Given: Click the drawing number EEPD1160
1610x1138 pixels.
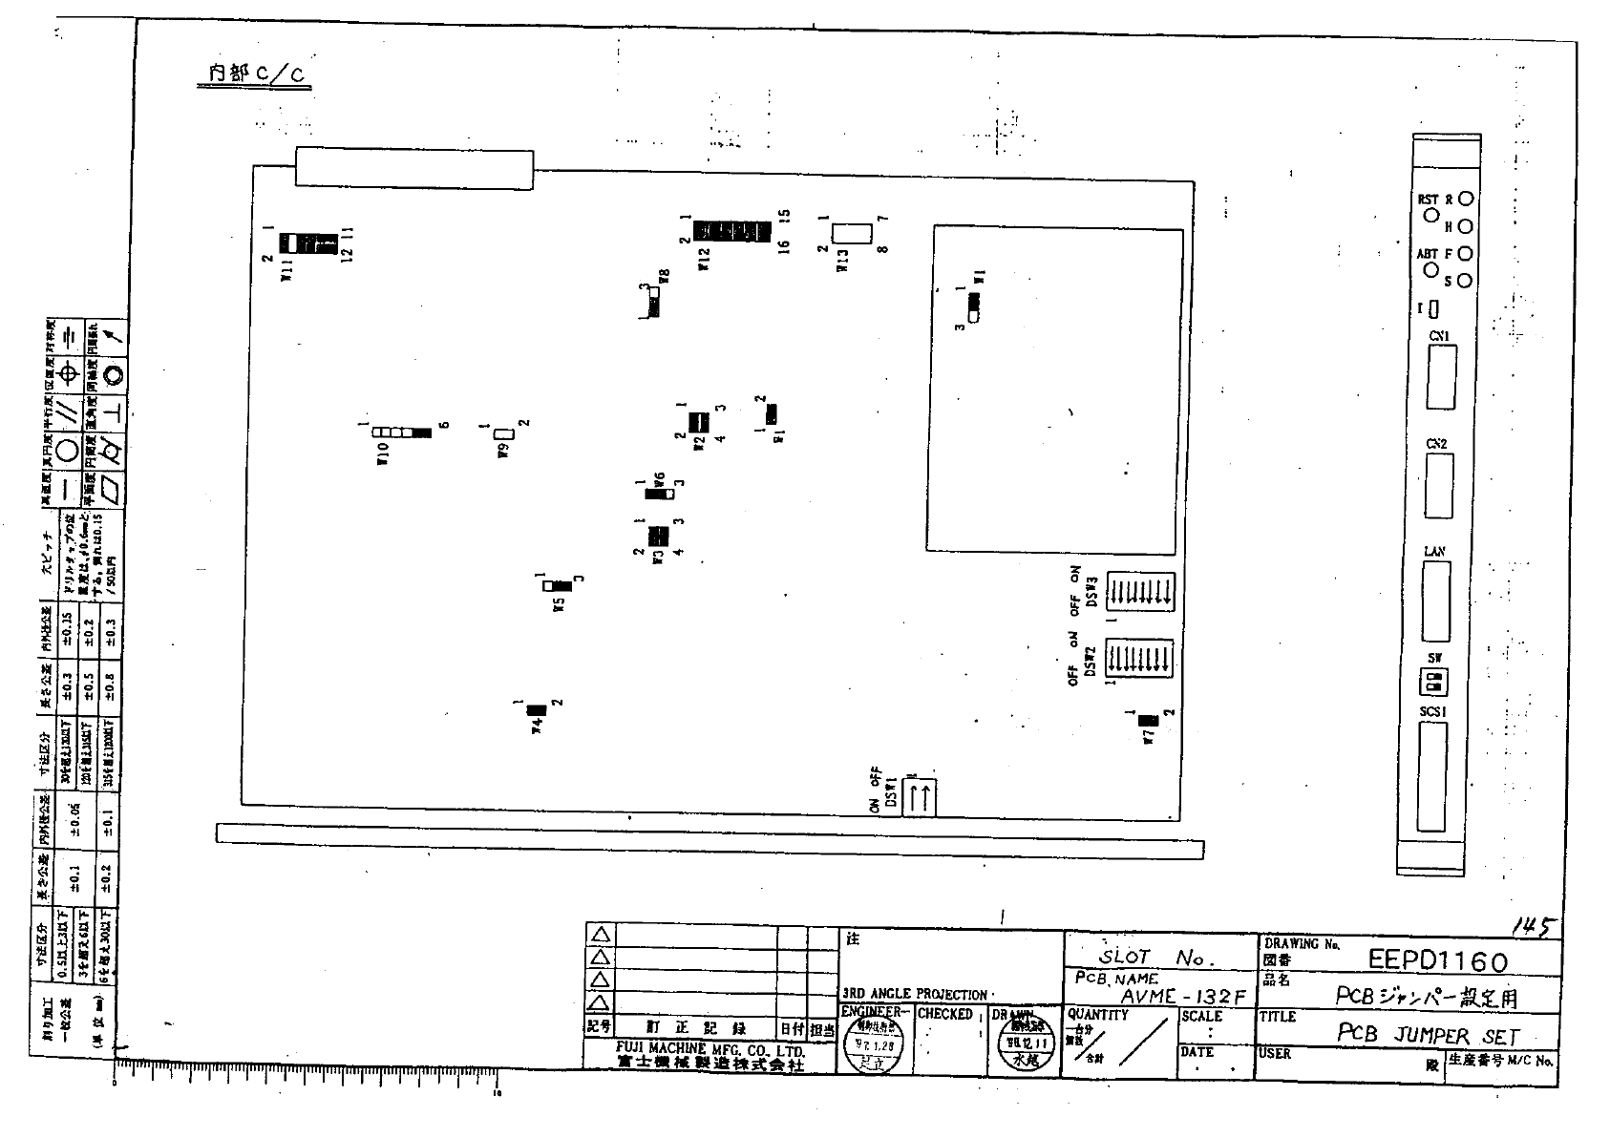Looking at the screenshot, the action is pos(1437,959).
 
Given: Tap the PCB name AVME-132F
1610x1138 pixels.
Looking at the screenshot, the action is pos(1183,997).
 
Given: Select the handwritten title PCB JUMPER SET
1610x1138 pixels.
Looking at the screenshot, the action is pos(1427,1034).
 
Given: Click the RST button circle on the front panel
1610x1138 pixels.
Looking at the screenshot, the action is pos(1430,215).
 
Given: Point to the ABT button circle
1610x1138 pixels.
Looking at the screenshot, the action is pos(1430,269).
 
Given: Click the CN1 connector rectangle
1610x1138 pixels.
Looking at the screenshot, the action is pos(1441,377).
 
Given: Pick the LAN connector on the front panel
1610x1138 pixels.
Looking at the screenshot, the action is pos(1435,601).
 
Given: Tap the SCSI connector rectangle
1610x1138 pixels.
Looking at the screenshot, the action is pos(1432,778).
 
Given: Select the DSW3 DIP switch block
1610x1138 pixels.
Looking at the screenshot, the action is pos(1139,592).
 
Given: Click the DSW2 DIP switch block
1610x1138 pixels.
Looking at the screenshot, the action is pos(1139,659).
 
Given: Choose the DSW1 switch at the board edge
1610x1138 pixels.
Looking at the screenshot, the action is pos(919,796).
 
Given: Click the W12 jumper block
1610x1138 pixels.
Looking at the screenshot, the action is pos(732,231).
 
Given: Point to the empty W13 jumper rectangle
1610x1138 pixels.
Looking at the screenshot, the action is pos(851,232).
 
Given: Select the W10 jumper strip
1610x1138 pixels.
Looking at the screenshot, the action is pos(402,432).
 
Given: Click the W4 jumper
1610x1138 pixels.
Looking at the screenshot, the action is pos(536,709).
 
